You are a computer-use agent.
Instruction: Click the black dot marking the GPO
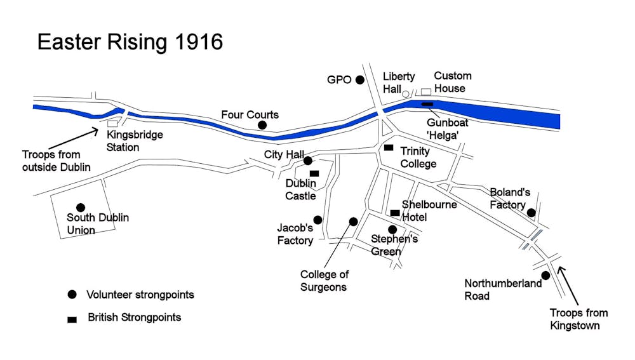[360, 80]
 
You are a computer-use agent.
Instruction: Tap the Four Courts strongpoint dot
[262, 126]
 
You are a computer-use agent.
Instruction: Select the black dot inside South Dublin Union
[81, 207]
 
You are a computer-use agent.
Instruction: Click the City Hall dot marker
[308, 161]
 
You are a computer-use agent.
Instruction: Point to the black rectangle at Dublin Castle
[314, 173]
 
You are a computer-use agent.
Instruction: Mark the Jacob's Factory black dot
[317, 220]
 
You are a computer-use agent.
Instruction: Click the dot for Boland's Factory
[531, 213]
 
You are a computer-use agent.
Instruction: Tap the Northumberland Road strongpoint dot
[545, 275]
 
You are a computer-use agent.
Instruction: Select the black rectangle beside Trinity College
[389, 148]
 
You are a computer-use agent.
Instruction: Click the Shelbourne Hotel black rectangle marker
[395, 213]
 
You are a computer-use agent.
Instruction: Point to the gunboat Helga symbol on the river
[428, 103]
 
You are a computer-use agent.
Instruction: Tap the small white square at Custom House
[426, 92]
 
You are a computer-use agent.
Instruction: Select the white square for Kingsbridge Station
[112, 123]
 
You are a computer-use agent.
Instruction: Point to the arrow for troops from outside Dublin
[72, 139]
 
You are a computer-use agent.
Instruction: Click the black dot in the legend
[72, 295]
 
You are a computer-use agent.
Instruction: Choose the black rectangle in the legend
[72, 319]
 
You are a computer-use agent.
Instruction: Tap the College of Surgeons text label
[324, 281]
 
